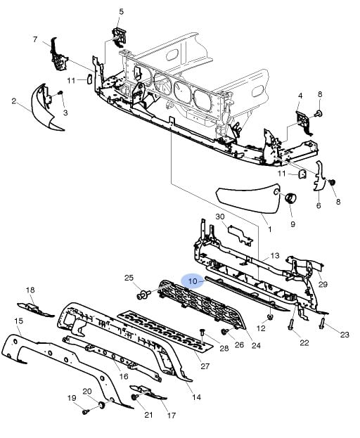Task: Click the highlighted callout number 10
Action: click(x=193, y=281)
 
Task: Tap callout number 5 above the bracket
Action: click(x=121, y=12)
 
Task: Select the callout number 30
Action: click(x=220, y=217)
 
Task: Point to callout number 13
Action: click(x=275, y=255)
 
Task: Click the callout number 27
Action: click(x=205, y=366)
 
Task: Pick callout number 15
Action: click(x=19, y=321)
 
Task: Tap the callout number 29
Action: click(x=323, y=284)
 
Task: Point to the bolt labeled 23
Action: click(x=322, y=324)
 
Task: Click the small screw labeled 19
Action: click(x=86, y=411)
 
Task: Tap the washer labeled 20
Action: click(x=101, y=404)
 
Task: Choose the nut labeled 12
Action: click(x=270, y=316)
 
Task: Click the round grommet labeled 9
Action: click(x=290, y=198)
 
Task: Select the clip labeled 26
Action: click(x=224, y=331)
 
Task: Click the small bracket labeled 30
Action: click(x=240, y=235)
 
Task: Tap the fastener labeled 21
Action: click(x=134, y=397)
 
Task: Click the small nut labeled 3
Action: click(x=60, y=92)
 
